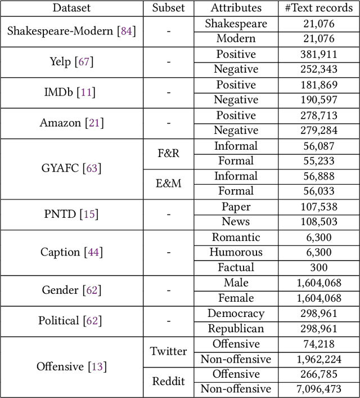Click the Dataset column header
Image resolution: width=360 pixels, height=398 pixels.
click(71, 8)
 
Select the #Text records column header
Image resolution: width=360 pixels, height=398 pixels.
click(319, 8)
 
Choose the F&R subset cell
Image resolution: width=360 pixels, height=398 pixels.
click(168, 153)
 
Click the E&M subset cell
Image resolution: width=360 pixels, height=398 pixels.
click(168, 184)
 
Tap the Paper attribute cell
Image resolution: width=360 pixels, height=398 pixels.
click(236, 207)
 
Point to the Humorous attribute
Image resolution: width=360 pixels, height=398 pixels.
click(236, 252)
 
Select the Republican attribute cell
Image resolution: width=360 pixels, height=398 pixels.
click(236, 328)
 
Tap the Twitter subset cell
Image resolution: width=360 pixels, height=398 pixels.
click(168, 351)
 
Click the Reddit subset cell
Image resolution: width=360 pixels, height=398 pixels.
click(168, 382)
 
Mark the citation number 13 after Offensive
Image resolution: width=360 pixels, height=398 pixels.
click(97, 367)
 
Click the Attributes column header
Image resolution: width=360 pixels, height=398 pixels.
click(236, 8)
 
